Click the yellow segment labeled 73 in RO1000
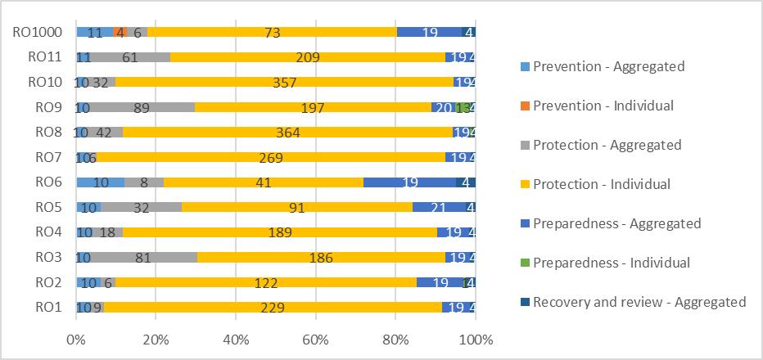coord(271,33)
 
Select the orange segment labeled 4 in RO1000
coord(120,33)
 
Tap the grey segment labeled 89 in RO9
coord(142,108)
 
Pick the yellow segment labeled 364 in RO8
coord(287,133)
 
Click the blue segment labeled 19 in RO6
coord(409,182)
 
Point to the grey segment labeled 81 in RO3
coord(141,258)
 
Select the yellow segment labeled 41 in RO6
coord(263,182)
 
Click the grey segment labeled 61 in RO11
coord(129,57)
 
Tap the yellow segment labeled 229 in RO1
coord(273,308)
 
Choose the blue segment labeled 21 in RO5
coord(439,208)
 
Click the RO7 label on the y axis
coord(45,157)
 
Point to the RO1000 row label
coord(36,33)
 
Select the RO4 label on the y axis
coord(45,232)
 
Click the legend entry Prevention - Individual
coord(603,106)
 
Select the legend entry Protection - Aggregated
coord(607,145)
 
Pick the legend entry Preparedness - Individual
coord(611,263)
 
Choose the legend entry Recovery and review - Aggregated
coord(639,302)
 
